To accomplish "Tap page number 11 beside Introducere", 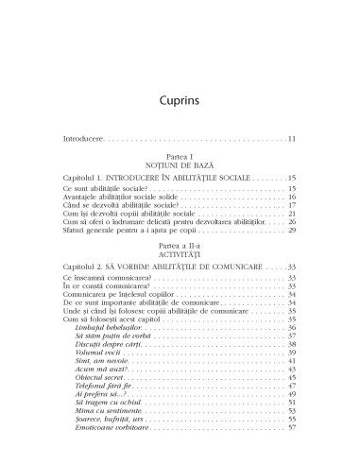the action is click(293, 140).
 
